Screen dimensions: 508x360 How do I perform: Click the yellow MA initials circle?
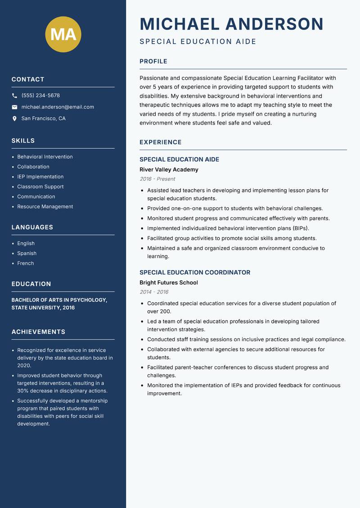pos(63,34)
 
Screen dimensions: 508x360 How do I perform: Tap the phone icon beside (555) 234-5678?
pos(14,96)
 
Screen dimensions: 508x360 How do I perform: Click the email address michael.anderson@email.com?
pos(58,107)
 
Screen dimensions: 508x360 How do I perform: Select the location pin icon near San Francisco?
pos(14,119)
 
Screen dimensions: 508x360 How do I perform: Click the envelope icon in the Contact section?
pos(14,107)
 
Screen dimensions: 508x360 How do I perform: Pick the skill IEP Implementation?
pos(40,177)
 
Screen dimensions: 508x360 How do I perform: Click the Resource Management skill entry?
pos(45,207)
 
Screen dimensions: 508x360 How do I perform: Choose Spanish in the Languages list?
pos(27,254)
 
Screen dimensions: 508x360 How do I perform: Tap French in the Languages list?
pos(25,263)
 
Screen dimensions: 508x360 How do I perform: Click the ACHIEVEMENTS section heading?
pos(38,332)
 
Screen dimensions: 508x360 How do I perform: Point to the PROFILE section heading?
pos(153,62)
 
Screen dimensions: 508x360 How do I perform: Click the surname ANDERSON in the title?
pos(274,24)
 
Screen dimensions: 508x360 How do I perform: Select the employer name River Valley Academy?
pos(169,169)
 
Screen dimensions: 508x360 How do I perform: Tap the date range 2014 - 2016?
pos(154,292)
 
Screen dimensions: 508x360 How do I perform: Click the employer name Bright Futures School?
pos(169,283)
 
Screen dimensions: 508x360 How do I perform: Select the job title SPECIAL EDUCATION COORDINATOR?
pos(195,272)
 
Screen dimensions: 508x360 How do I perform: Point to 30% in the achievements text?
pos(23,391)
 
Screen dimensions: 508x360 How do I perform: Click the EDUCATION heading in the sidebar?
pos(31,284)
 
